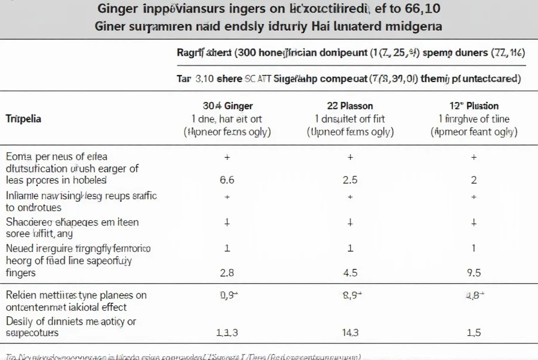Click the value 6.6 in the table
pos(227,179)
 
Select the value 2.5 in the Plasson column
pos(351,179)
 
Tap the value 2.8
pos(227,272)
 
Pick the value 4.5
pos(351,272)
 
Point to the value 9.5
pos(474,272)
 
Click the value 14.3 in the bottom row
pos(351,332)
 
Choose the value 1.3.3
pos(227,332)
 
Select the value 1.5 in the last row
pos(474,332)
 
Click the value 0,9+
pos(227,295)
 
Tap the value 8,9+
pos(351,295)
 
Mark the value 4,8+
pos(474,295)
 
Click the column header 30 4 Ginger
pos(227,106)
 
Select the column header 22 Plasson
pos(351,106)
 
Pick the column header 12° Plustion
pos(474,106)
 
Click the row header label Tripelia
pos(23,119)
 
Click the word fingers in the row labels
pos(21,272)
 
